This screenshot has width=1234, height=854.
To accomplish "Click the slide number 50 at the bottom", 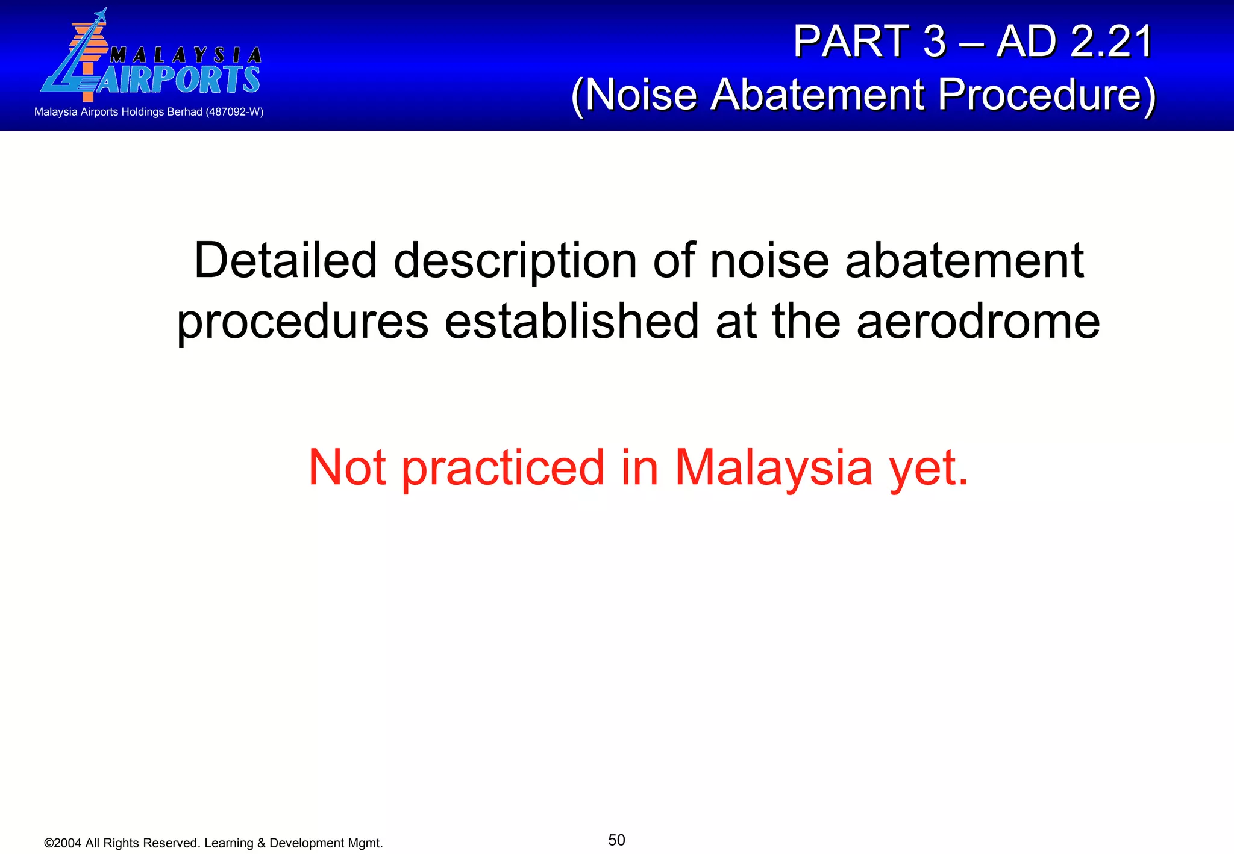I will (616, 840).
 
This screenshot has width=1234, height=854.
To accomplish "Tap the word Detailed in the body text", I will (286, 261).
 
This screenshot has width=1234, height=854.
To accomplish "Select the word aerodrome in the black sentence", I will (978, 322).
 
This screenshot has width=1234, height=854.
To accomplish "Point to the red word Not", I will (346, 467).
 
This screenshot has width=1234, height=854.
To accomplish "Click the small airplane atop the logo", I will (99, 16).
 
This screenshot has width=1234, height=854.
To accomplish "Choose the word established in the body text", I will (571, 322).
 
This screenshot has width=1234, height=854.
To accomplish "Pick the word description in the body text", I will (515, 262).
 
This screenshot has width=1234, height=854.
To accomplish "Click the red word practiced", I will (503, 467).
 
